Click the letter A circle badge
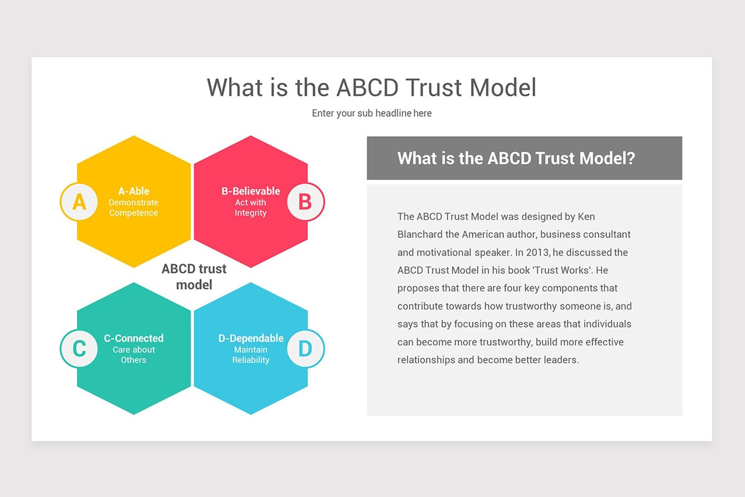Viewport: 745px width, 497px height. tap(79, 202)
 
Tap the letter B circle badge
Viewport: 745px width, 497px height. tap(305, 202)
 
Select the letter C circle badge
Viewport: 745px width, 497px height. tap(79, 349)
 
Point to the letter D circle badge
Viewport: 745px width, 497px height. tap(305, 349)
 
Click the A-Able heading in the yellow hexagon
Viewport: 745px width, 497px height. tap(133, 191)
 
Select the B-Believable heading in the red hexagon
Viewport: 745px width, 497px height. tap(251, 191)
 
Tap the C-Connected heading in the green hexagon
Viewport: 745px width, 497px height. tap(133, 339)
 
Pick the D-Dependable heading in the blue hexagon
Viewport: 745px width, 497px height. tap(251, 339)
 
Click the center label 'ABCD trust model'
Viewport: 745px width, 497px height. tap(194, 276)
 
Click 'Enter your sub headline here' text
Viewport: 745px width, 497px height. tap(371, 113)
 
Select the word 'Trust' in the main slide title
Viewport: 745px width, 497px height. tap(435, 88)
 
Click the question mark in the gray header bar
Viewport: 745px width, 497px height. tap(630, 158)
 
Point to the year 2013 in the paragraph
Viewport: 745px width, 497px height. tap(537, 253)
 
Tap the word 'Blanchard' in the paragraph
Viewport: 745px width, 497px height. tap(420, 235)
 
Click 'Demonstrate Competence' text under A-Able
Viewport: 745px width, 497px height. tap(133, 207)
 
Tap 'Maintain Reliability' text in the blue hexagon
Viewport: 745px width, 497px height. tap(251, 355)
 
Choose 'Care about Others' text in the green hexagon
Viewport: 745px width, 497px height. tap(133, 355)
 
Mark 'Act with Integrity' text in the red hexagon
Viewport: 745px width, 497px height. tap(251, 207)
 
